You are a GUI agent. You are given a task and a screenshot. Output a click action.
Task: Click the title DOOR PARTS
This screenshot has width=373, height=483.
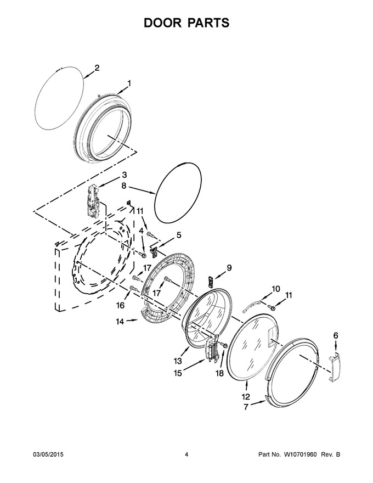click(x=187, y=23)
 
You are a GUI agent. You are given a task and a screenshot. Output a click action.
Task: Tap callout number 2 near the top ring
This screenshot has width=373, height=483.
click(x=97, y=68)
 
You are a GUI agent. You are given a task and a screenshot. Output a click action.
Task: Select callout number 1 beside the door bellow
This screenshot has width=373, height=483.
click(x=129, y=83)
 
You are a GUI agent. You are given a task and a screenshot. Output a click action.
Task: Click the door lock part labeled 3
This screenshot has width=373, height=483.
click(x=93, y=200)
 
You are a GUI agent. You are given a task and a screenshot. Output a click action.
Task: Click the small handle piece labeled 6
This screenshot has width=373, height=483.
click(x=334, y=368)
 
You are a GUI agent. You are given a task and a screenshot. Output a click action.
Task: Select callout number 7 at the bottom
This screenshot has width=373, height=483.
click(x=246, y=407)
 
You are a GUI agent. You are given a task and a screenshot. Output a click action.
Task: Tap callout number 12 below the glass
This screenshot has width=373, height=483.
click(x=246, y=396)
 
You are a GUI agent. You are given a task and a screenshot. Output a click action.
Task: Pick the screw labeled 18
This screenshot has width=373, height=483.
click(x=224, y=345)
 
